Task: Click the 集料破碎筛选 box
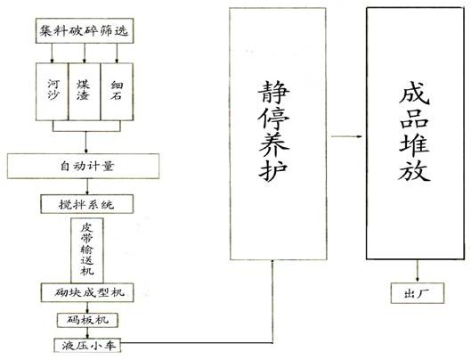(x=85, y=30)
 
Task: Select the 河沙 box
(x=53, y=92)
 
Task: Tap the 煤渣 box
(x=85, y=92)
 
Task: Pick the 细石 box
(x=117, y=92)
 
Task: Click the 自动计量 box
(x=83, y=167)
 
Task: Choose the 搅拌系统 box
(x=87, y=205)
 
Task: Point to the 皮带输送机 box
(x=87, y=250)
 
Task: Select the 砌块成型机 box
(x=87, y=292)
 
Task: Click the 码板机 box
(x=88, y=320)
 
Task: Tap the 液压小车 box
(x=87, y=346)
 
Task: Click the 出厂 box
(x=418, y=293)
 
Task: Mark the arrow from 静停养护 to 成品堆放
(x=346, y=136)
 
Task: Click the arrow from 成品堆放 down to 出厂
(x=418, y=271)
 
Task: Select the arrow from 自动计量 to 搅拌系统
(x=87, y=187)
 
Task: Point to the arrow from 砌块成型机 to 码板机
(x=87, y=307)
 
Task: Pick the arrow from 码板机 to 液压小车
(x=87, y=333)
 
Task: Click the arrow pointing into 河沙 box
(x=52, y=53)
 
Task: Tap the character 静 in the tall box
(x=273, y=93)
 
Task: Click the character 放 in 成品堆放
(x=415, y=170)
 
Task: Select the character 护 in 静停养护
(x=273, y=170)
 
